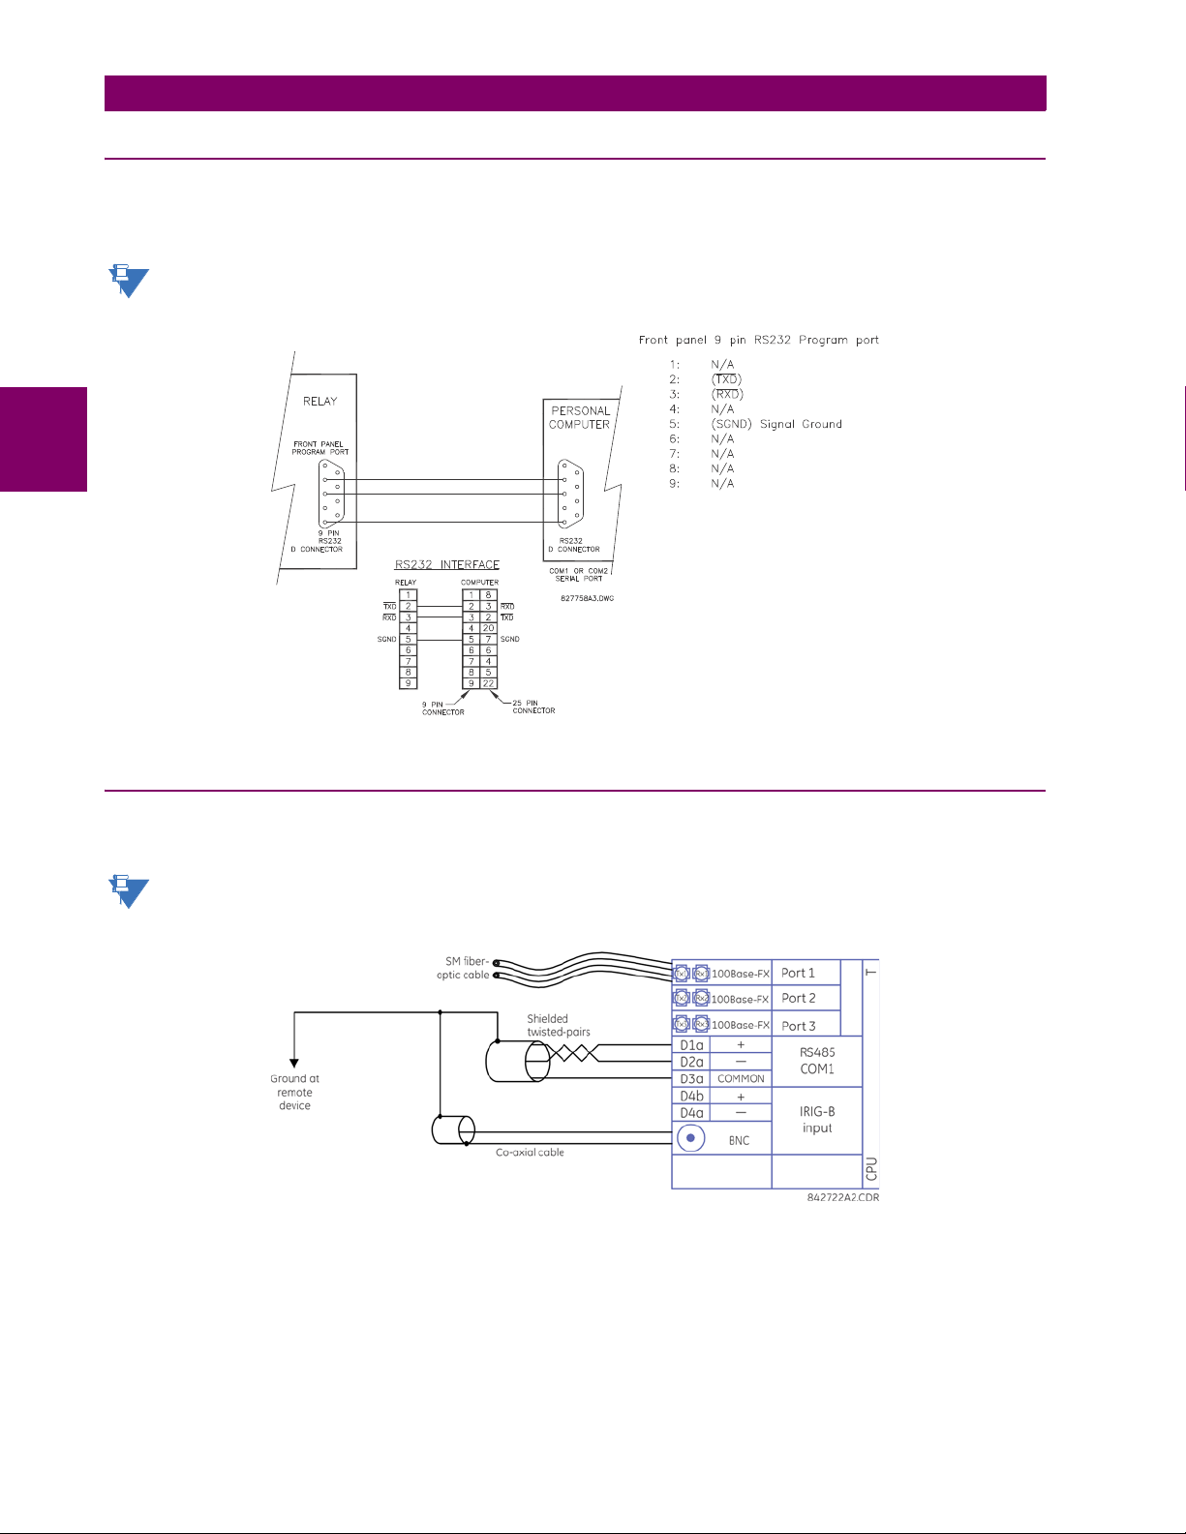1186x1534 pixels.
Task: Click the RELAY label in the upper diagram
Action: point(320,401)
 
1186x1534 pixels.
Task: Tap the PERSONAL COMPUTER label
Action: point(580,417)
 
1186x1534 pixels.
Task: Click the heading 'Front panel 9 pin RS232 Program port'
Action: point(758,340)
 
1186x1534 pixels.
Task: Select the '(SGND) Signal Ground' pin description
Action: point(776,424)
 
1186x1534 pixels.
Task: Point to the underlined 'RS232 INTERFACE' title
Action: point(446,564)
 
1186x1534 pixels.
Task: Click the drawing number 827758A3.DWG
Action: point(587,598)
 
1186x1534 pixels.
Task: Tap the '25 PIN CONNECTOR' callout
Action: point(533,707)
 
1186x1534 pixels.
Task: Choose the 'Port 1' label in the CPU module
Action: point(798,973)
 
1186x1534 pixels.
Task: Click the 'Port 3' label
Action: point(798,1026)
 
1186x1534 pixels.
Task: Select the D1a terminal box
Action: point(691,1045)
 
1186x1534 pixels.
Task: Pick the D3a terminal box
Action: point(691,1078)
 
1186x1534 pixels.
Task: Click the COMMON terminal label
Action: point(741,1078)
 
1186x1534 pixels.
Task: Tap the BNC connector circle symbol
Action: point(690,1139)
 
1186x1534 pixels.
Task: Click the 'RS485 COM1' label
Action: point(817,1061)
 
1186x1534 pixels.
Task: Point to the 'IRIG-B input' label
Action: point(817,1120)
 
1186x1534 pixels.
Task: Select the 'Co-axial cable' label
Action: point(530,1153)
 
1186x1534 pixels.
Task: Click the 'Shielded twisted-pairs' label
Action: point(559,1025)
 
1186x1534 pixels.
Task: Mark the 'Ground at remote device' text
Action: point(294,1092)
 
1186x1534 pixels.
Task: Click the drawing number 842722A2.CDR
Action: point(842,1197)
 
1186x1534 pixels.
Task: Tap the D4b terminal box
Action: point(691,1096)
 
